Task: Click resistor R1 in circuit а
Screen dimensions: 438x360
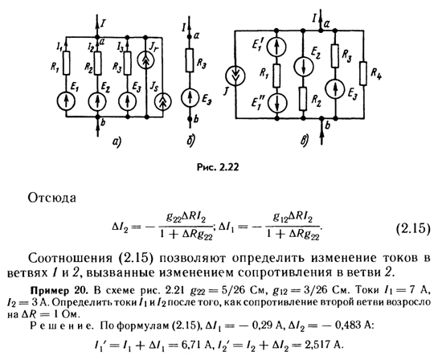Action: pyautogui.click(x=66, y=63)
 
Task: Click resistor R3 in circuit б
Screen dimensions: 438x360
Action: pyautogui.click(x=190, y=60)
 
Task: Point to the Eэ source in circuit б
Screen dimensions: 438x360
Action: pyautogui.click(x=190, y=97)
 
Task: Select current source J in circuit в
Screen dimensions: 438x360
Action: pyautogui.click(x=235, y=76)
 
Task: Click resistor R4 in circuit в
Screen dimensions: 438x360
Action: pyautogui.click(x=363, y=73)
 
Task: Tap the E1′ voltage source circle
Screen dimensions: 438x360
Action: pyautogui.click(x=276, y=47)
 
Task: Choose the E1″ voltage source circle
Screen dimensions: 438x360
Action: pyautogui.click(x=276, y=103)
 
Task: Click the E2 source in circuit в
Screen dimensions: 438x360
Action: pyautogui.click(x=304, y=67)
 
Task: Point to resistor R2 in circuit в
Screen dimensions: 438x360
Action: pyautogui.click(x=303, y=98)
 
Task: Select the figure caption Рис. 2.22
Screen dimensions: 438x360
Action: pyautogui.click(x=218, y=167)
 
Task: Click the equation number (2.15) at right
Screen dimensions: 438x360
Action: pyautogui.click(x=413, y=229)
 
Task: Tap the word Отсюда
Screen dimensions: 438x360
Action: pyautogui.click(x=52, y=198)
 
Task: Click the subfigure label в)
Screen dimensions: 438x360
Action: pyautogui.click(x=305, y=141)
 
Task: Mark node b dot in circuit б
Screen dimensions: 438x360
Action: pyautogui.click(x=190, y=119)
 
